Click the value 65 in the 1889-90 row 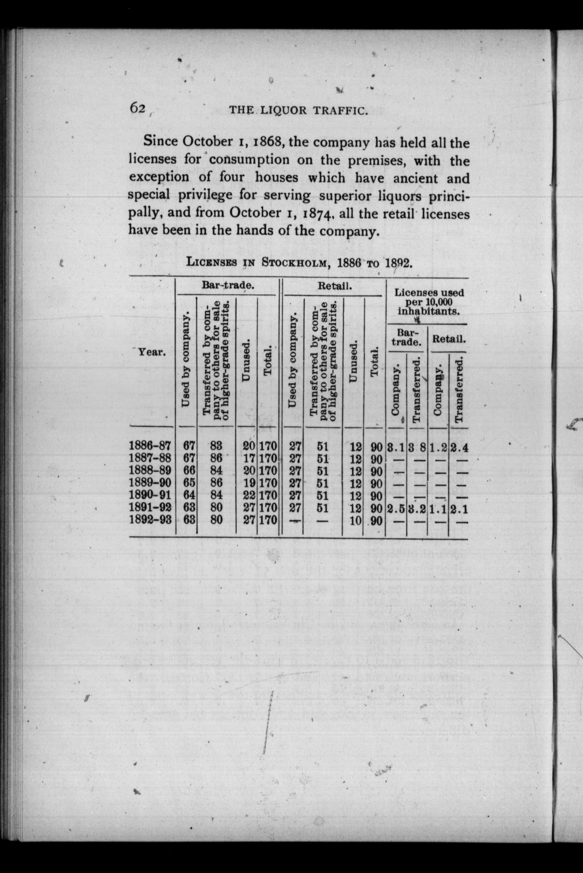point(189,483)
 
